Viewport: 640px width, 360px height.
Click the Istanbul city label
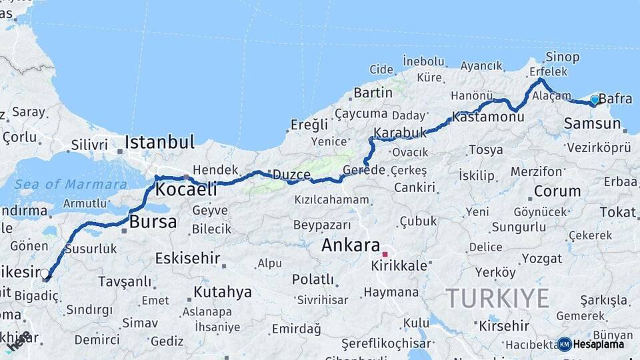coord(159,142)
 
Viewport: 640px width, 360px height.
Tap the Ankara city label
coord(351,245)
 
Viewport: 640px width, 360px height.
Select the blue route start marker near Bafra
coord(595,99)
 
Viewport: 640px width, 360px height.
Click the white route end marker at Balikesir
coord(45,273)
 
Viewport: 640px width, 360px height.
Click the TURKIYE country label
coord(497,297)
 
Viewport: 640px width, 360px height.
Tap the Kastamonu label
coord(488,117)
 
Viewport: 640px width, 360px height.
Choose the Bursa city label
coord(153,222)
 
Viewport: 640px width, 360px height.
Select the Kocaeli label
coord(186,190)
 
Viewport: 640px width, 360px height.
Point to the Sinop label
coord(562,57)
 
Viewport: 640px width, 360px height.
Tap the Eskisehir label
coord(187,258)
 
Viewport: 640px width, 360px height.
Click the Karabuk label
coord(400,133)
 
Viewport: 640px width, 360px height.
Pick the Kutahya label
coord(223,292)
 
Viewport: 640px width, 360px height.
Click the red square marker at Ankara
coord(385,254)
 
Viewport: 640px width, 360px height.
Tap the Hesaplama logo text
coord(597,344)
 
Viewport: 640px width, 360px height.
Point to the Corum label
coord(557,191)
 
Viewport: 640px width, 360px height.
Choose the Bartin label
coord(373,93)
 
